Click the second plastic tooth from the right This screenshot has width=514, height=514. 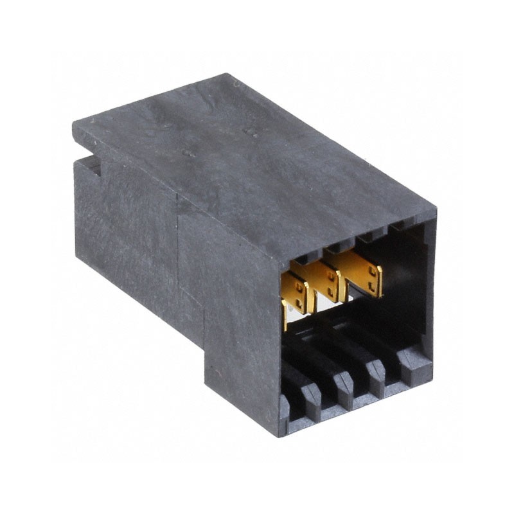click(x=375, y=377)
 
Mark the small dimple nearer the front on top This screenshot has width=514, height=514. click(x=188, y=155)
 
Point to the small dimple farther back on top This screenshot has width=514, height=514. click(x=251, y=133)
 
